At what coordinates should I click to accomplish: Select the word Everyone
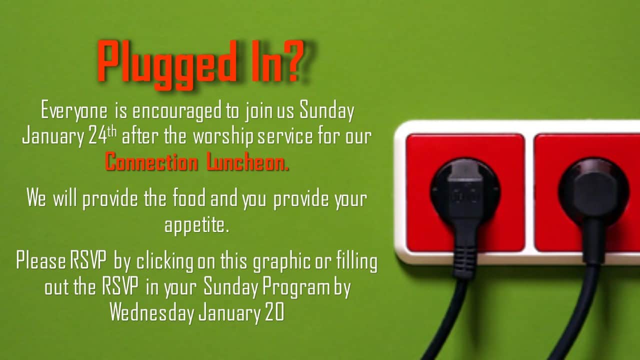74,111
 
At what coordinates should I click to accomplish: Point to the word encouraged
177,111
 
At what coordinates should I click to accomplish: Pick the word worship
223,137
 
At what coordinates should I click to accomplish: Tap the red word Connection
151,161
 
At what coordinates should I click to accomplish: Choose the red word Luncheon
247,161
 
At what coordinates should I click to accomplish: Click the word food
189,197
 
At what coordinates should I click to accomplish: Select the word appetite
197,225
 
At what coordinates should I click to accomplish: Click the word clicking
165,261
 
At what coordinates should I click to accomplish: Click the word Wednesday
151,313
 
